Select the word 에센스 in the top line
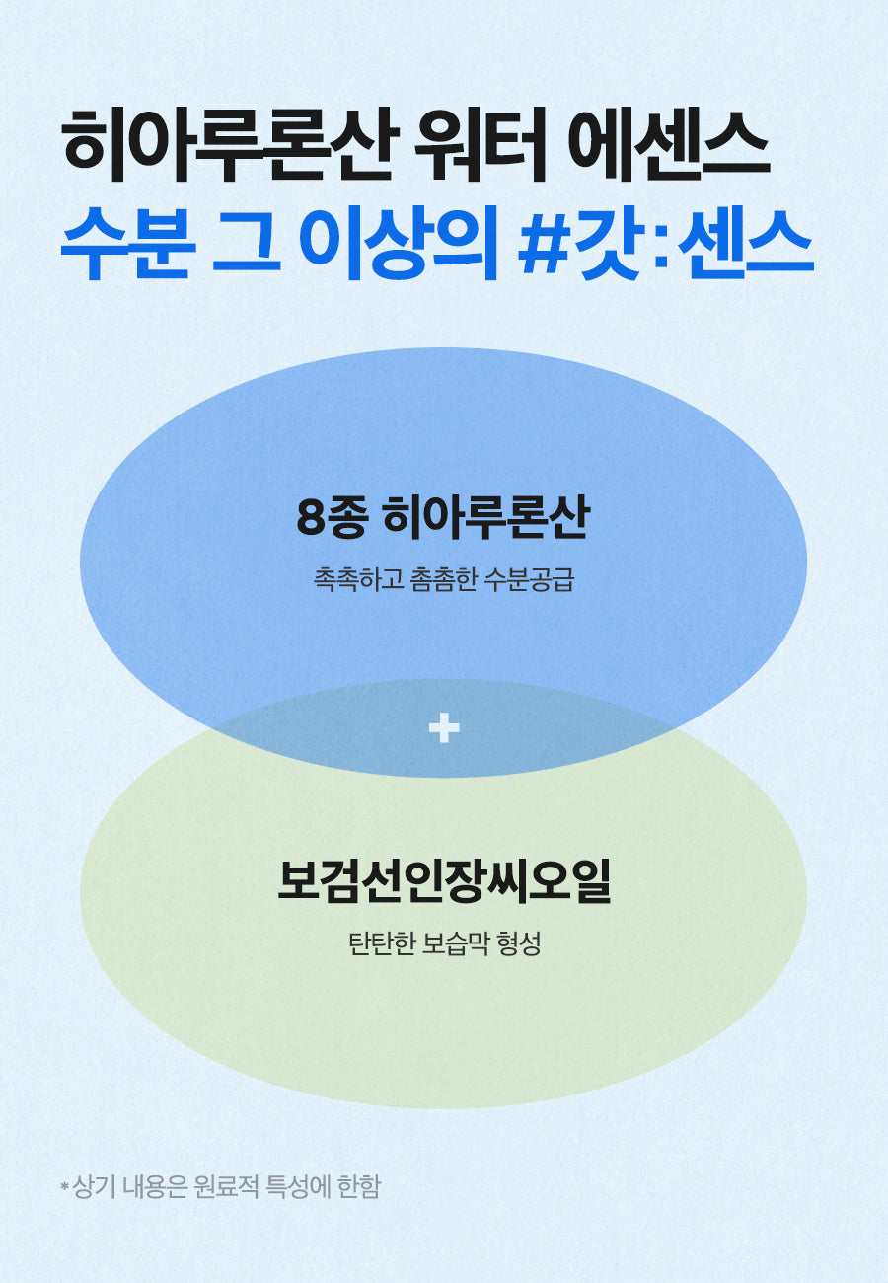[668, 145]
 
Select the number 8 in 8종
[310, 520]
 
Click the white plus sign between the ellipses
[444, 728]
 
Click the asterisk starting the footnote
[65, 1186]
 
